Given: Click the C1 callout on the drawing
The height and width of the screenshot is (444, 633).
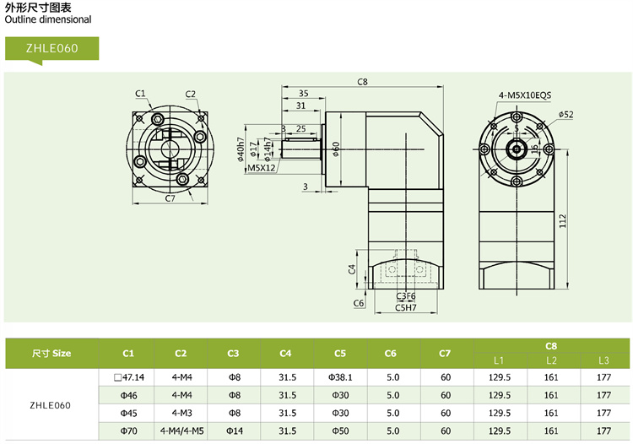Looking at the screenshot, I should pos(140,93).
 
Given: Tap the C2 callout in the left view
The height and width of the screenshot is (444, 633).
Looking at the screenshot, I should pos(191,94).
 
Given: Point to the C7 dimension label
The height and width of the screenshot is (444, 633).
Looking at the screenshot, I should pos(170,198).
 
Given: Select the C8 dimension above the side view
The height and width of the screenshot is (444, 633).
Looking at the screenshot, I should pos(363,82).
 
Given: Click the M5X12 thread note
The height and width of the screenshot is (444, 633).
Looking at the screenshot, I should pos(262,168).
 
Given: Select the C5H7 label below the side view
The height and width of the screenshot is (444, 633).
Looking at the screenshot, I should pos(406,307).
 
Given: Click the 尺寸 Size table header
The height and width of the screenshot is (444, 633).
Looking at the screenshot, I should pos(51,354).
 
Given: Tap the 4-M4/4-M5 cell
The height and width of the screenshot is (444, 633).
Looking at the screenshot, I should pos(181,431).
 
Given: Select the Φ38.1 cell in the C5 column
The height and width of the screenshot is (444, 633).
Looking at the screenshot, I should pos(339,377).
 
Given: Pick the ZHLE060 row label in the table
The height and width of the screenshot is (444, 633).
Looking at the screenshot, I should pos(51,404).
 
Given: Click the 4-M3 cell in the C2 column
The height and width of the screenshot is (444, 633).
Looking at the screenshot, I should pos(181,414).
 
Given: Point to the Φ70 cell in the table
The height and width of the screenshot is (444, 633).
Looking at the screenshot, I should pos(128,431).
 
